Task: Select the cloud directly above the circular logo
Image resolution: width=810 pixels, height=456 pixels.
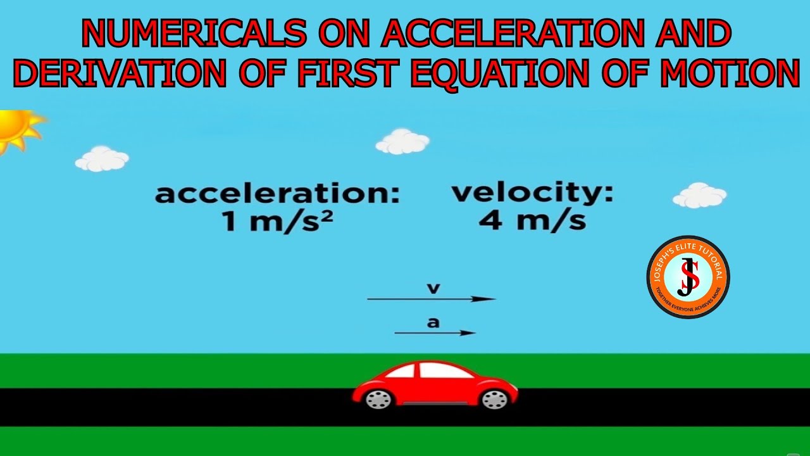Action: (699, 196)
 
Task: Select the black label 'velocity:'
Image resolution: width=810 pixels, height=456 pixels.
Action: (532, 193)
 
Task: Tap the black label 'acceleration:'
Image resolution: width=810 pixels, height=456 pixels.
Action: (277, 194)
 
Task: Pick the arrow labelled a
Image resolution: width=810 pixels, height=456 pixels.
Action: (435, 332)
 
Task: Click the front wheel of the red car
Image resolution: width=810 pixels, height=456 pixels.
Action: (494, 399)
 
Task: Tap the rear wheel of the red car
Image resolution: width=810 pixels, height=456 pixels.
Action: (378, 399)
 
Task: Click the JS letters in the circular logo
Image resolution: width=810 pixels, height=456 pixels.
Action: (688, 277)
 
